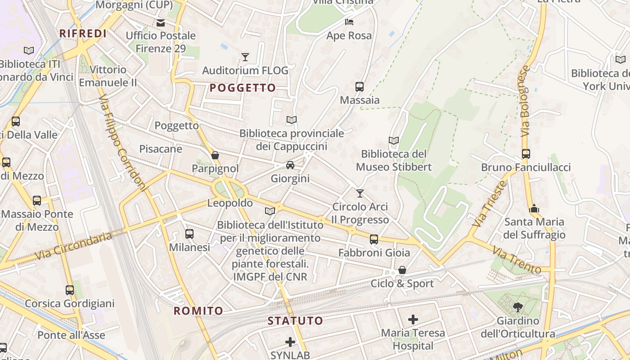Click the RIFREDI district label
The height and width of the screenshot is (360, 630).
pyautogui.click(x=83, y=33)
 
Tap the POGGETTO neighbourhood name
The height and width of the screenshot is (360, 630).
pyautogui.click(x=243, y=88)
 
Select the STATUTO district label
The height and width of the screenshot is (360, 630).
pyautogui.click(x=296, y=321)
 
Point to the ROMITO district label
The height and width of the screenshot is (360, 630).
pyautogui.click(x=198, y=310)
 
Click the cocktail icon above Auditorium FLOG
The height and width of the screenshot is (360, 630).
pyautogui.click(x=245, y=57)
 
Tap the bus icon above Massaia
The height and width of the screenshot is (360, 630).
pyautogui.click(x=360, y=87)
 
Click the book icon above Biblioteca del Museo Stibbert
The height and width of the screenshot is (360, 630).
pyautogui.click(x=394, y=141)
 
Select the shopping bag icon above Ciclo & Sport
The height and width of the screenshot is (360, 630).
pyautogui.click(x=402, y=270)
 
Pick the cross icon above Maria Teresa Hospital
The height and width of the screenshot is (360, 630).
pyautogui.click(x=413, y=319)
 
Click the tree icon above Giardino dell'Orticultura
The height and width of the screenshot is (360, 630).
pyautogui.click(x=518, y=307)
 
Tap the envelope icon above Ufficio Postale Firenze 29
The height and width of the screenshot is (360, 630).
pyautogui.click(x=161, y=22)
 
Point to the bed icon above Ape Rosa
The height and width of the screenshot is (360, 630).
pyautogui.click(x=349, y=22)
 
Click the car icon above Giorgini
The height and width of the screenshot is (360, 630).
pyautogui.click(x=290, y=165)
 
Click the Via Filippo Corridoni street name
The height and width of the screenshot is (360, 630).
pyautogui.click(x=122, y=143)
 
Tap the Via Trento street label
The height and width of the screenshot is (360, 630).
pyautogui.click(x=516, y=260)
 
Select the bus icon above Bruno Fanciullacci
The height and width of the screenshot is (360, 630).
pyautogui.click(x=526, y=154)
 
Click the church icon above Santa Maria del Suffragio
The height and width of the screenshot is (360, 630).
pyautogui.click(x=534, y=208)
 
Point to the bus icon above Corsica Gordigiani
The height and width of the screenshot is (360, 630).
pyautogui.click(x=70, y=290)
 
